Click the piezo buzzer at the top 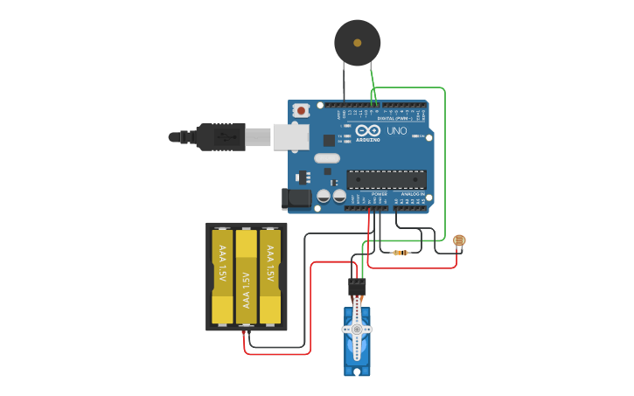pyautogui.click(x=358, y=42)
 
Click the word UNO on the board pyautogui.click(x=398, y=131)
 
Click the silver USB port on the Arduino pyautogui.click(x=291, y=137)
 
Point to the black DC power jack pyautogui.click(x=297, y=198)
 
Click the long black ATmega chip pyautogui.click(x=387, y=179)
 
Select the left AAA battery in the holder pyautogui.click(x=222, y=275)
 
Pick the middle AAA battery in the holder pyautogui.click(x=247, y=275)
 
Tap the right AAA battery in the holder pyautogui.click(x=270, y=275)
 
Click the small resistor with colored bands pyautogui.click(x=401, y=253)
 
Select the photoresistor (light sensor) pyautogui.click(x=460, y=240)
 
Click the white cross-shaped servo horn pyautogui.click(x=358, y=329)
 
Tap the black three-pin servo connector pyautogui.click(x=357, y=286)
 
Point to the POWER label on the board pyautogui.click(x=367, y=193)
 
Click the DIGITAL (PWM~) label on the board pyautogui.click(x=395, y=118)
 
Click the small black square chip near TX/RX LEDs pyautogui.click(x=329, y=140)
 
